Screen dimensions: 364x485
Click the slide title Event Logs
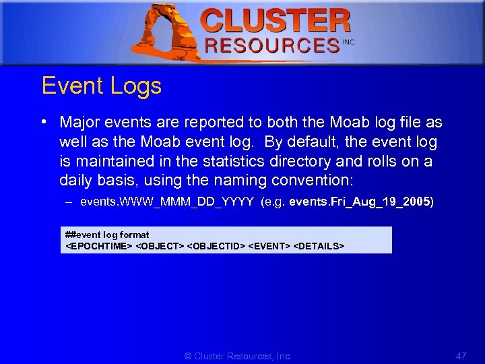pyautogui.click(x=102, y=86)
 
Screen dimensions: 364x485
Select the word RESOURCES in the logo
pyautogui.click(x=272, y=45)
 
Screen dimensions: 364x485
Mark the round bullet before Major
pyautogui.click(x=43, y=122)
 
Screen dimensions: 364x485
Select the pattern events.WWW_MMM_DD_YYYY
pyautogui.click(x=166, y=202)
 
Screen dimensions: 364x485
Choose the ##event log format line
pyautogui.click(x=107, y=235)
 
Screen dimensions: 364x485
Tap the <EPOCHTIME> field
pyautogui.click(x=98, y=246)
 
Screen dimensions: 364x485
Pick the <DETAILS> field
pyautogui.click(x=319, y=246)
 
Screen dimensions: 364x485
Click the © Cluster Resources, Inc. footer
pyautogui.click(x=238, y=356)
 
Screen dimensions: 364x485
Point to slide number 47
pyautogui.click(x=461, y=355)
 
